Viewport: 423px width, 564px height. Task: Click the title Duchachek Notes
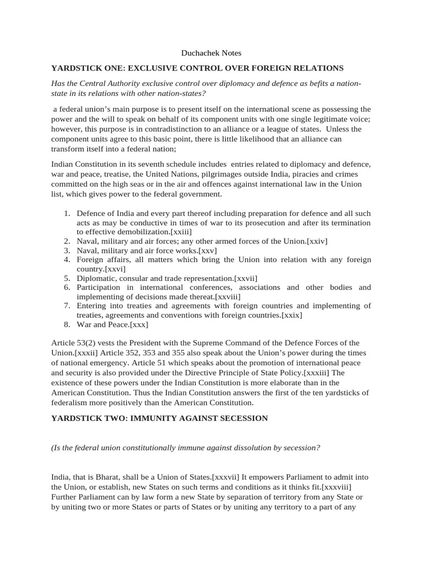[x=211, y=53]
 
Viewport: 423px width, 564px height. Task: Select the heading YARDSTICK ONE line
[x=197, y=68]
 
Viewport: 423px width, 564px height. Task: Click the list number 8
[x=66, y=324]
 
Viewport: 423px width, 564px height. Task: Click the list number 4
[x=66, y=259]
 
